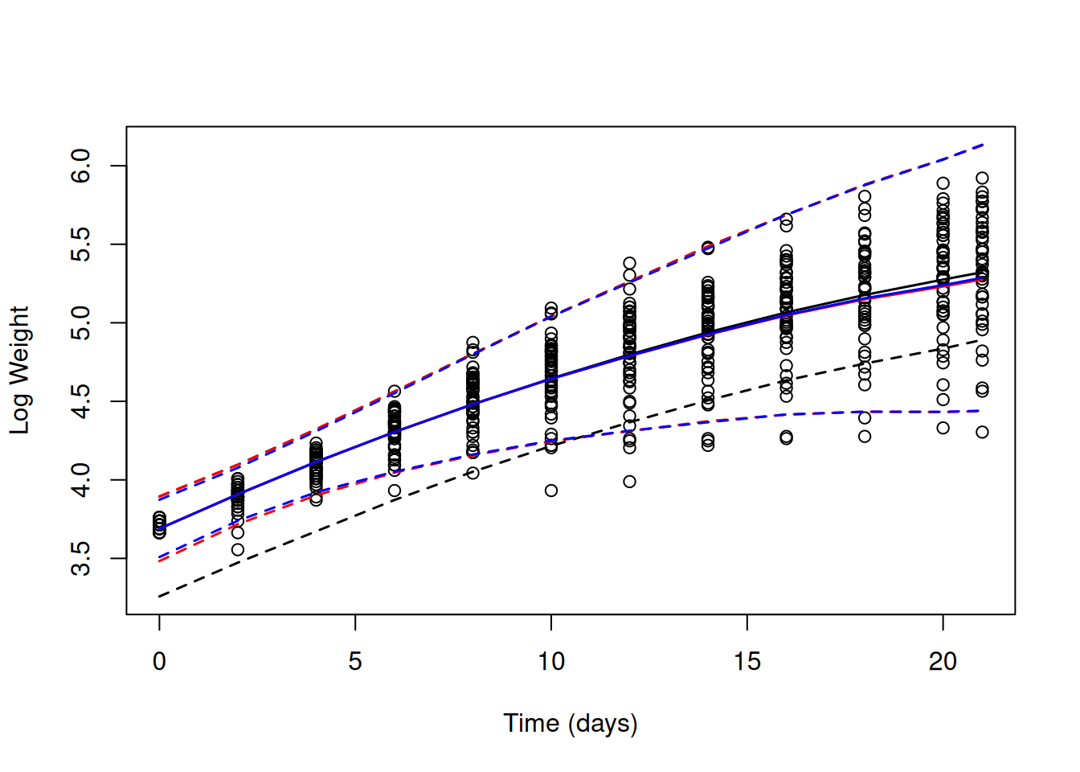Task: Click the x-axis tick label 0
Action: click(x=159, y=662)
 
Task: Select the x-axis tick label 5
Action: click(x=355, y=662)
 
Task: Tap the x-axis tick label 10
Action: click(x=551, y=662)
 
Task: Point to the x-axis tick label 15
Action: click(x=747, y=662)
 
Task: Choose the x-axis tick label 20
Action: click(x=943, y=662)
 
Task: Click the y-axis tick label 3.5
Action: click(x=81, y=559)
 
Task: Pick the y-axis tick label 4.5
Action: click(x=81, y=401)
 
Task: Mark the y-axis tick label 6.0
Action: click(x=81, y=166)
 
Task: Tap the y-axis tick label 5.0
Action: click(x=81, y=323)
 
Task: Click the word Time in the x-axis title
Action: click(x=531, y=723)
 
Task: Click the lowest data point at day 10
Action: click(x=551, y=491)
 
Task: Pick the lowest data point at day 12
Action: click(x=629, y=482)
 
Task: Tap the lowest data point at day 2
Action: click(x=238, y=550)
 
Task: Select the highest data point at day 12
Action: click(x=629, y=263)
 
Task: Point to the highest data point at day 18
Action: click(x=865, y=196)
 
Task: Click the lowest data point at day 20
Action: click(x=943, y=428)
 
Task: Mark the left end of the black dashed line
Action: click(x=159, y=597)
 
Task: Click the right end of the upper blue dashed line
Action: click(x=983, y=145)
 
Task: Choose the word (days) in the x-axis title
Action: click(x=603, y=723)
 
